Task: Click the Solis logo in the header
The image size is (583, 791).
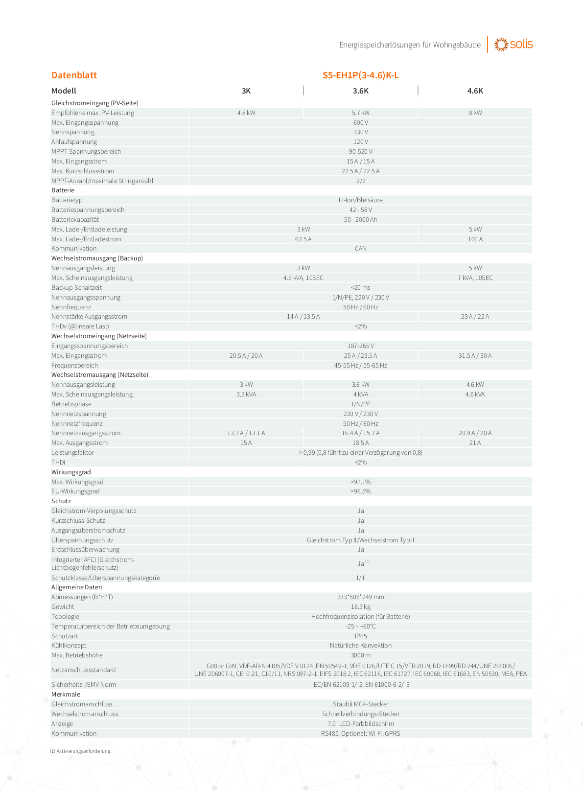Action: [513, 45]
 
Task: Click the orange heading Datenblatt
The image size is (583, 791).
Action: [74, 75]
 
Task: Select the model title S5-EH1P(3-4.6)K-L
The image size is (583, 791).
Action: [360, 75]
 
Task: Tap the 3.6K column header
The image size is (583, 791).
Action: [360, 91]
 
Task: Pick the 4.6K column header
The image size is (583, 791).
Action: [475, 91]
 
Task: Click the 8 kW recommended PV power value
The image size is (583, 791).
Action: [475, 113]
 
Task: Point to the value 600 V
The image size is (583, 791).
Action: [360, 123]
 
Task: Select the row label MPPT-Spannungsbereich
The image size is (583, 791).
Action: [86, 152]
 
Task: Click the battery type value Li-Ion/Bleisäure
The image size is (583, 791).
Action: [360, 200]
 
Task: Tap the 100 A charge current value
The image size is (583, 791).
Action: [475, 239]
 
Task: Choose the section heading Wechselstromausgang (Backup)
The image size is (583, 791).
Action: [97, 258]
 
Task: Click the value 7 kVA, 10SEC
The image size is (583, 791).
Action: [475, 278]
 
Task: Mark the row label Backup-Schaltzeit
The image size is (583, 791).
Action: [77, 288]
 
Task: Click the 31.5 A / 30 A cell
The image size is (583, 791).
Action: [475, 356]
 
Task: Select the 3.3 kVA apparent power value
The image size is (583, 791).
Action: [246, 395]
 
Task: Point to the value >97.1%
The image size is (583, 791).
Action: [360, 482]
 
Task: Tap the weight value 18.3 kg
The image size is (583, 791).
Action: [360, 607]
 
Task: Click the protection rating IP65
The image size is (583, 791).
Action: [360, 636]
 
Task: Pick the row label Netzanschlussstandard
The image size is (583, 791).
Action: [84, 670]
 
